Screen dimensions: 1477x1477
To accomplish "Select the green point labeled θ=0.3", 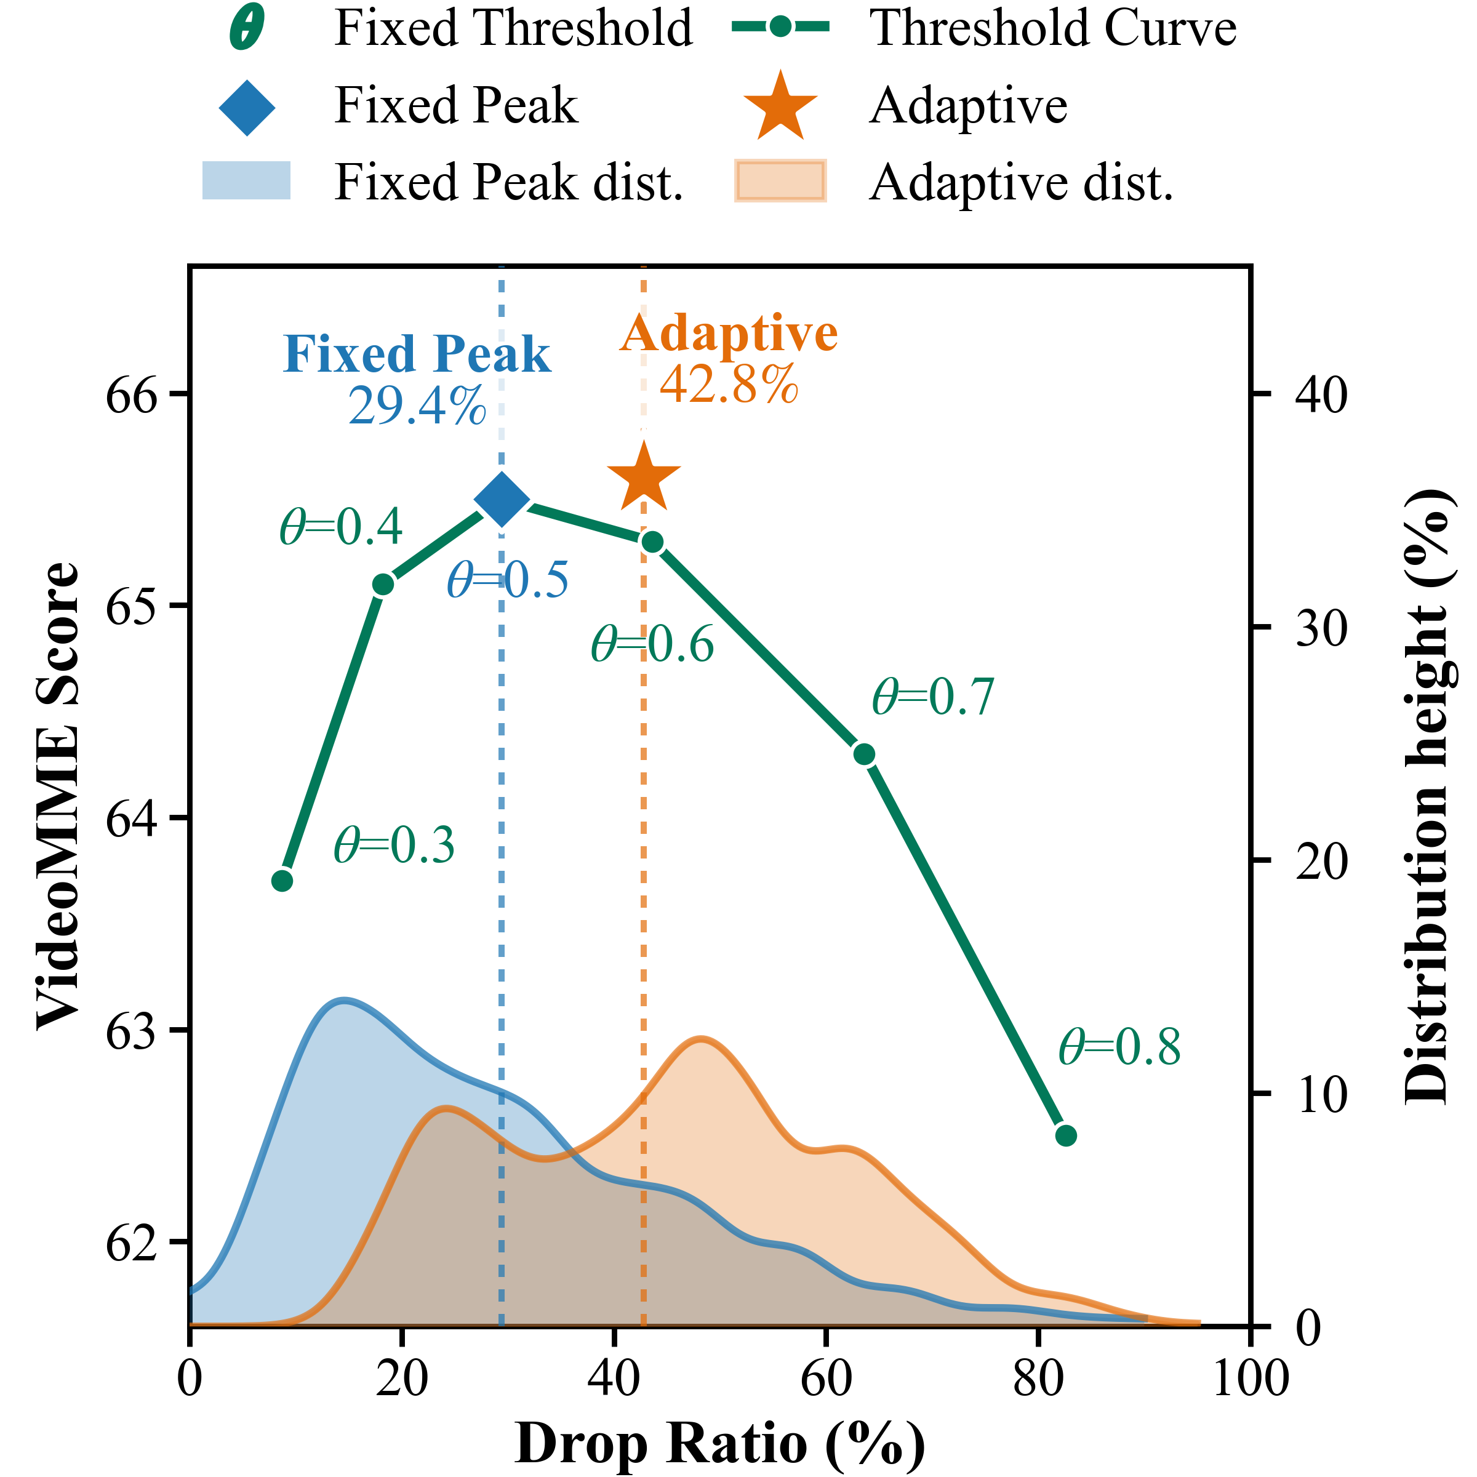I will pos(282,881).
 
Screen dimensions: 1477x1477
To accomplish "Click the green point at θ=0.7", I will pos(864,755).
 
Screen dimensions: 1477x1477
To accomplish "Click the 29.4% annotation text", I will pos(417,406).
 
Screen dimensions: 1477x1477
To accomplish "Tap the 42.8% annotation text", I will pos(729,385).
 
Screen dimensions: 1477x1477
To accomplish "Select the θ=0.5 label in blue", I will pos(508,580).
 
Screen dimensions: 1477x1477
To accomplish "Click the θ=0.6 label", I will pos(652,644).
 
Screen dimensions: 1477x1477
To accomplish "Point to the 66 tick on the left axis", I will pos(130,394).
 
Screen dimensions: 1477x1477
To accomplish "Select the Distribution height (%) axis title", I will pos(1427,795).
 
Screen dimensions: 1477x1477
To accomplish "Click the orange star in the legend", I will pos(780,107).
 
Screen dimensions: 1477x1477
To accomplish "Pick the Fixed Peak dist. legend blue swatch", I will pos(246,180).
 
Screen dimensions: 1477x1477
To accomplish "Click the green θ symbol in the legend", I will pos(247,29).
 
